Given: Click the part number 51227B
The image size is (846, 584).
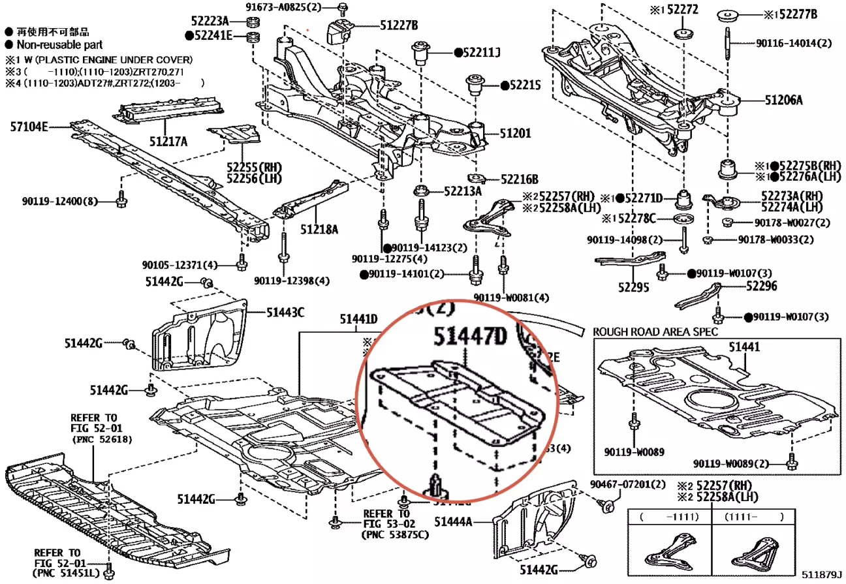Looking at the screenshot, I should coord(399,25).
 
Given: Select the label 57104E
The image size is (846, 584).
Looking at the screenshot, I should coord(29,127).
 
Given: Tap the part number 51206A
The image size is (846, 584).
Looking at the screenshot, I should coord(784,100).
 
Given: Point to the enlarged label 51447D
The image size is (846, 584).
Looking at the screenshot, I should coord(470,337).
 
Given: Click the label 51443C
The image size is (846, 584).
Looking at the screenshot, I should coord(285,313).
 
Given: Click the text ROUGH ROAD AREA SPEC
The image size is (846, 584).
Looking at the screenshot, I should coord(655,331).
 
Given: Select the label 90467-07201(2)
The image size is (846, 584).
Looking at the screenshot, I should coord(627,484).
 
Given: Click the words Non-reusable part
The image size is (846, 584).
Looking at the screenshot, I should coord(59,45).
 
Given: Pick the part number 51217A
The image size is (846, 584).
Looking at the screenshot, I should coord(168,141).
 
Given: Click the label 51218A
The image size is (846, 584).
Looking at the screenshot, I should coord(319,229).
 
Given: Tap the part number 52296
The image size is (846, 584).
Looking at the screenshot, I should coord(762,286).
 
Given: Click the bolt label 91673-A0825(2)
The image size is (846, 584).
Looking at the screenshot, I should coord(293,7).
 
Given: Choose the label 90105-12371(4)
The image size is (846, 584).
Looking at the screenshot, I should coord(180,265).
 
